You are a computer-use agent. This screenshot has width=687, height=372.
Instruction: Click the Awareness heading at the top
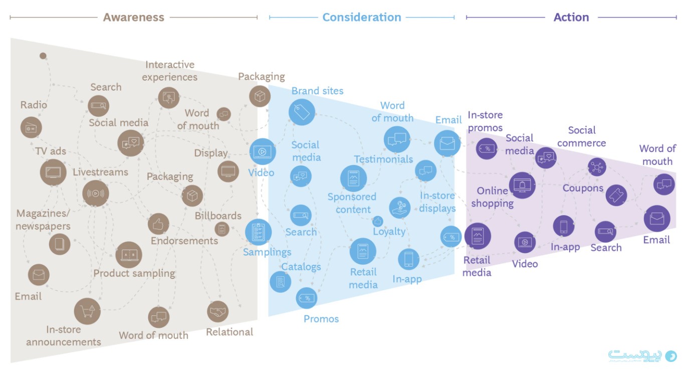(x=133, y=17)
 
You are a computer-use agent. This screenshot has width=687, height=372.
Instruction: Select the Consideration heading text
(x=362, y=17)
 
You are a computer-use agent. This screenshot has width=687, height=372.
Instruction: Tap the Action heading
(x=571, y=17)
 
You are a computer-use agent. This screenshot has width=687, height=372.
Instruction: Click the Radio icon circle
(x=31, y=127)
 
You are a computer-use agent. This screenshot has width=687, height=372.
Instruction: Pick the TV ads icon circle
(x=53, y=172)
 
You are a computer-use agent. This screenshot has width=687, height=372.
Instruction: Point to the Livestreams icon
(x=95, y=194)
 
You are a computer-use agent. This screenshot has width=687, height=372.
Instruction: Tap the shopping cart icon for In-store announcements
(x=87, y=311)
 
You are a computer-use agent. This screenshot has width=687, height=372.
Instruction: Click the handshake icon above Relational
(x=217, y=312)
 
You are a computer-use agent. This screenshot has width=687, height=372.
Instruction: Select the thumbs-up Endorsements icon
(x=158, y=224)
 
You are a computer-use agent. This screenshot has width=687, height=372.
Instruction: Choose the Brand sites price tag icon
(x=302, y=112)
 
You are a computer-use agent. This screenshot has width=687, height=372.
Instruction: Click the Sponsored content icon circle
(x=353, y=178)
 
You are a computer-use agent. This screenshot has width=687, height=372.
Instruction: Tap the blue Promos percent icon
(x=306, y=298)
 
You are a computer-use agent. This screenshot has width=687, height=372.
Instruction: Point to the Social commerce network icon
(x=597, y=167)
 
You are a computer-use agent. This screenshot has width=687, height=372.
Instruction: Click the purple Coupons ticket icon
(x=616, y=195)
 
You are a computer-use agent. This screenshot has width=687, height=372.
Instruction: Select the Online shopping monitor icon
(x=522, y=185)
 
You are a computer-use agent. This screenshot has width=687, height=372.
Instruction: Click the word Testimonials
(x=383, y=159)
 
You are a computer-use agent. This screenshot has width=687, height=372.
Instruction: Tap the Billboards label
(x=218, y=216)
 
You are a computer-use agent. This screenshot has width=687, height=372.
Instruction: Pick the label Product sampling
(x=134, y=273)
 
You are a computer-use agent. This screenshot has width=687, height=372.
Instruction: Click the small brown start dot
(x=43, y=56)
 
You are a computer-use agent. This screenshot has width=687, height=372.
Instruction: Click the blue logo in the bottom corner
(x=642, y=356)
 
